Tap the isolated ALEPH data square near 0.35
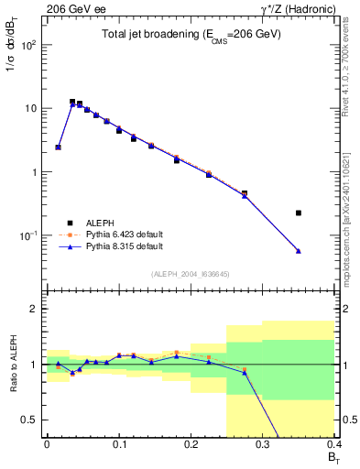coord(299,213)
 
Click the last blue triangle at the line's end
coord(299,251)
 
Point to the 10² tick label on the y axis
coord(29,45)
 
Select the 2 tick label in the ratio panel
coord(36,309)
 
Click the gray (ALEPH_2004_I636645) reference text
coord(190,273)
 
